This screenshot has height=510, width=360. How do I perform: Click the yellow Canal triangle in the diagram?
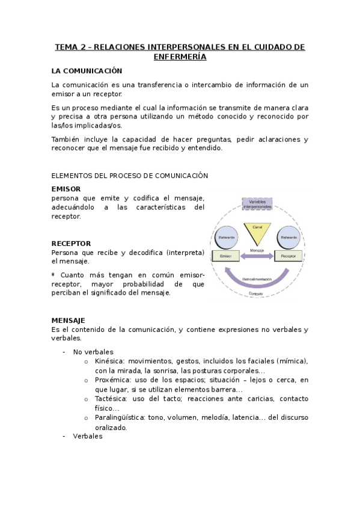tap(257, 232)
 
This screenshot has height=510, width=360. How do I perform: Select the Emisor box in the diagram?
tap(226, 256)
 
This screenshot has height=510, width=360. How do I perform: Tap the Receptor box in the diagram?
tap(288, 256)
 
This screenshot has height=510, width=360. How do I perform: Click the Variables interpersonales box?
tap(257, 204)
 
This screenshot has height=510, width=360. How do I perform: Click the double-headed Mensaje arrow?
tap(257, 257)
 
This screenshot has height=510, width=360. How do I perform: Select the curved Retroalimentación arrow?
tap(257, 278)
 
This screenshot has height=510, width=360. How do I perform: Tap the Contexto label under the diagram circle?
tap(257, 293)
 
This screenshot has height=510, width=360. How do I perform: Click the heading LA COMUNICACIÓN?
tap(87, 71)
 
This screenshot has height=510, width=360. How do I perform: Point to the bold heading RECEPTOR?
tap(71, 244)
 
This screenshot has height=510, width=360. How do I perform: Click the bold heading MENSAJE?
tap(68, 321)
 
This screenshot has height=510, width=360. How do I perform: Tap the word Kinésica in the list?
tap(109, 361)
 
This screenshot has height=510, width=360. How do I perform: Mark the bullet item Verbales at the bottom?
tap(88, 437)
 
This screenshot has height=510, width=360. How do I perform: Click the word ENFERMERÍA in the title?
tap(180, 57)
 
